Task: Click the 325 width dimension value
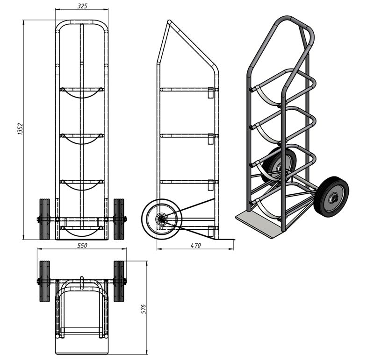coord(82,6)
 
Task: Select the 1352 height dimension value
coord(20,129)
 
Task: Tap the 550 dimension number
coord(82,245)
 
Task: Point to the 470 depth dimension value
coord(195,245)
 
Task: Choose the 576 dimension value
coord(144,309)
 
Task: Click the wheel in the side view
coord(162,219)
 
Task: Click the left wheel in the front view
coord(44,219)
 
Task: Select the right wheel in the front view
coord(119,219)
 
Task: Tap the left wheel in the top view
coord(44,282)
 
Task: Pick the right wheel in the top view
coord(119,282)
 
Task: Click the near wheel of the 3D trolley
coord(331,197)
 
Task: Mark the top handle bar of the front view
coord(82,22)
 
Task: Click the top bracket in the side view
coord(210,93)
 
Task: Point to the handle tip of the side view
coord(169,21)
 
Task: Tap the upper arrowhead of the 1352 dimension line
coord(23,22)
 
